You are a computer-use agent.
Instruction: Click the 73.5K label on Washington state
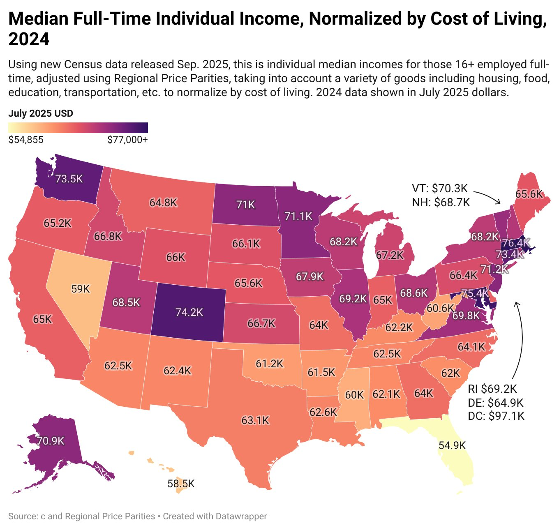click(69, 179)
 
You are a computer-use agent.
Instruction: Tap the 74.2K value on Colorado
click(189, 312)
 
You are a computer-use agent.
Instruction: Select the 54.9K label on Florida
click(452, 445)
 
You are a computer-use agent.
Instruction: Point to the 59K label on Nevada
click(80, 289)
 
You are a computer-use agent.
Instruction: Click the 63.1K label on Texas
click(255, 420)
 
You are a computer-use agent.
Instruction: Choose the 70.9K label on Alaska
click(51, 441)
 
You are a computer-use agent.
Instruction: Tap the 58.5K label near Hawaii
click(181, 484)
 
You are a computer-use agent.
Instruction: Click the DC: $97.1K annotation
click(496, 416)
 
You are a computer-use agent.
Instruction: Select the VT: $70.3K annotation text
click(440, 189)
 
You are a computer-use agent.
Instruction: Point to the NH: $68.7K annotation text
click(441, 202)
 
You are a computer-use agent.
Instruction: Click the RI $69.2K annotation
click(492, 389)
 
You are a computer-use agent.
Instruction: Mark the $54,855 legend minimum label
click(26, 140)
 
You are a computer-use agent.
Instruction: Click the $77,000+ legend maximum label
click(127, 140)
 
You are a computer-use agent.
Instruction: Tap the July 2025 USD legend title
click(41, 113)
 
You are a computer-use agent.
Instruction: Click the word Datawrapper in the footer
click(242, 516)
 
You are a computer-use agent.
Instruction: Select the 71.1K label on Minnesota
click(298, 216)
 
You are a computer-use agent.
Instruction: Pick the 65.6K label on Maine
click(529, 194)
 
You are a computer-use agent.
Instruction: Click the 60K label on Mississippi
click(354, 395)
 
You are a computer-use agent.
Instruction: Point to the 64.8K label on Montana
click(163, 203)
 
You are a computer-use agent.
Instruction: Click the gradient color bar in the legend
click(78, 128)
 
